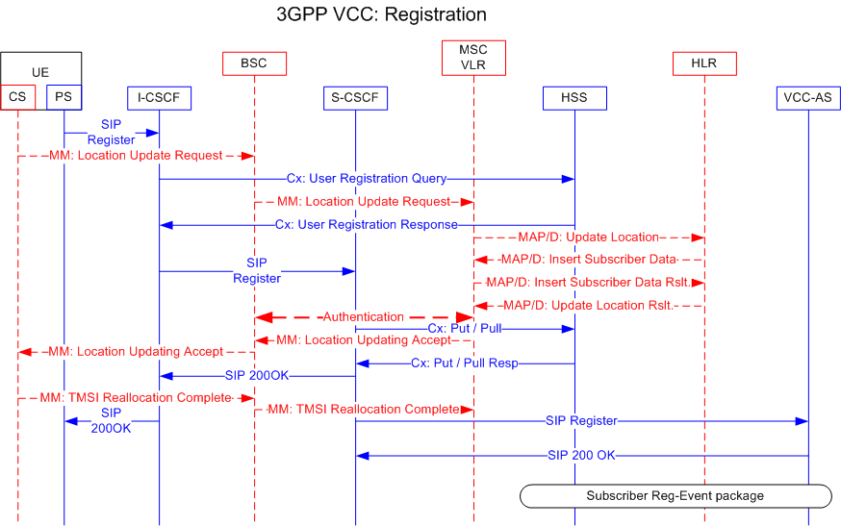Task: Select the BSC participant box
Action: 254,63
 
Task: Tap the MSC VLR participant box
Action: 473,57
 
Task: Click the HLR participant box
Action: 704,63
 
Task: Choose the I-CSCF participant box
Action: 159,97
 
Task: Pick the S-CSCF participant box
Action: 355,97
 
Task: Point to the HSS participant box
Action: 573,97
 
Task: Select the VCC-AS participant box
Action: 808,97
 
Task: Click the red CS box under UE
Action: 18,97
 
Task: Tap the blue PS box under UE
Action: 64,97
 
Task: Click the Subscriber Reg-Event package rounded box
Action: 675,495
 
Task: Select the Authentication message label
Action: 363,316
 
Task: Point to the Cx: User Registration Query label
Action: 366,179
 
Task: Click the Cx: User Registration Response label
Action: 366,225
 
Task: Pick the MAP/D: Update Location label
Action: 588,237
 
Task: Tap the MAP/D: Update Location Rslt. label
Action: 588,306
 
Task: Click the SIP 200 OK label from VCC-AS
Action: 580,456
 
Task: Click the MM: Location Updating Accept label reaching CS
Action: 135,352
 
